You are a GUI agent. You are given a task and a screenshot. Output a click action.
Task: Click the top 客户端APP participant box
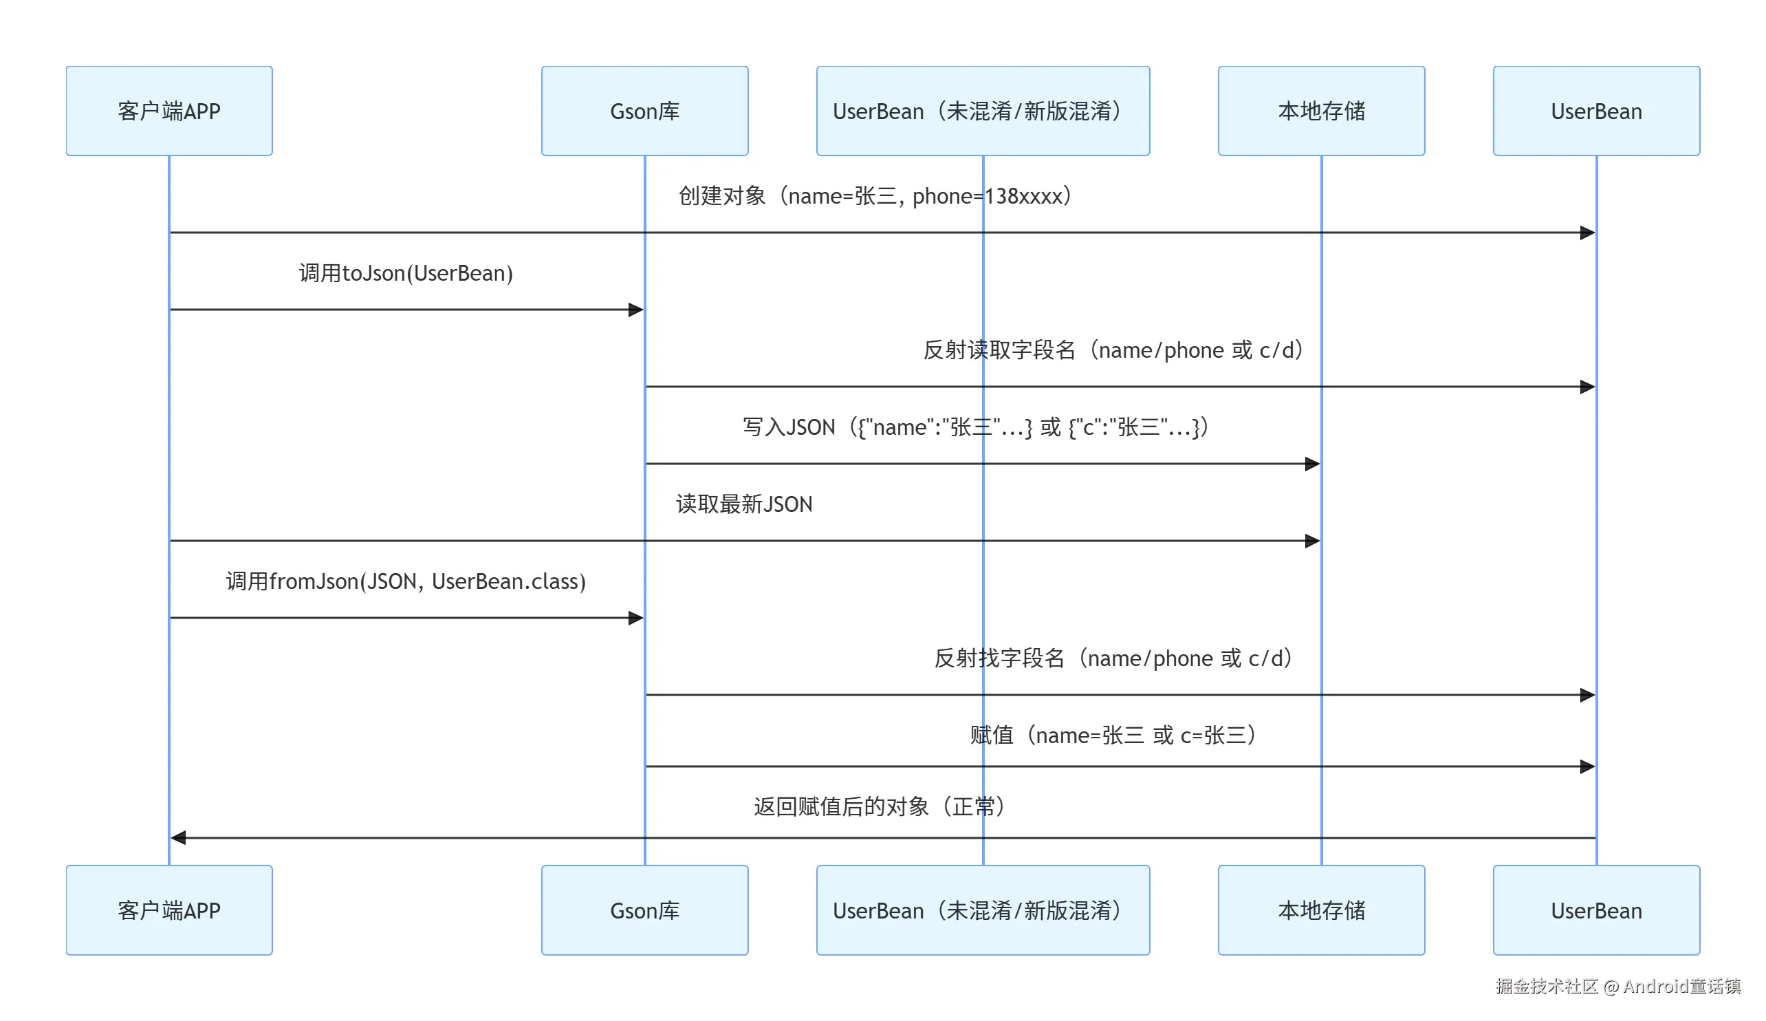(x=169, y=111)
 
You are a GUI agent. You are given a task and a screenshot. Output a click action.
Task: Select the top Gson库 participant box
(x=644, y=111)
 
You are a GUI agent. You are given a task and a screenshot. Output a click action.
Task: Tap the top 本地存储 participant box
(x=1321, y=111)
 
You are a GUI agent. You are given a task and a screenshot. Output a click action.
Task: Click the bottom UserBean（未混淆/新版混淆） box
(x=983, y=910)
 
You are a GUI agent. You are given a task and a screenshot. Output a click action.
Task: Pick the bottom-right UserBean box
(x=1595, y=910)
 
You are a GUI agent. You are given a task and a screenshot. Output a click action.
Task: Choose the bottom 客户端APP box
(x=169, y=910)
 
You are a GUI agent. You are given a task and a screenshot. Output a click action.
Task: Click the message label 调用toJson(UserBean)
(x=406, y=272)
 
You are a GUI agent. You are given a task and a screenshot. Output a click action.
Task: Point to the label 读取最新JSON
(x=743, y=504)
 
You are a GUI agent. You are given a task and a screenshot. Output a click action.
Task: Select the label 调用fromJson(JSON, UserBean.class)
(x=406, y=581)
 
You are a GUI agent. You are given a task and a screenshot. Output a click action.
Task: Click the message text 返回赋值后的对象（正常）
(x=881, y=806)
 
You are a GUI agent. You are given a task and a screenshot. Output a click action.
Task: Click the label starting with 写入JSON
(x=977, y=427)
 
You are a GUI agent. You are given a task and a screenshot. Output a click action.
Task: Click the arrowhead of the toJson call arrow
(x=636, y=309)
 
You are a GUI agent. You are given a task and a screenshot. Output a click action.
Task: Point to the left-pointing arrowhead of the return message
(x=178, y=837)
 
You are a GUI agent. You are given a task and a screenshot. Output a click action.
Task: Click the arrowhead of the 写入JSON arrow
(x=1313, y=464)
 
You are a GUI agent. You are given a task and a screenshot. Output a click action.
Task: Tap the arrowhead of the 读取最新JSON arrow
(x=1313, y=541)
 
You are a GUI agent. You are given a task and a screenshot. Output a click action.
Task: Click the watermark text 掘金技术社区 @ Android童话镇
(x=1617, y=987)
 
